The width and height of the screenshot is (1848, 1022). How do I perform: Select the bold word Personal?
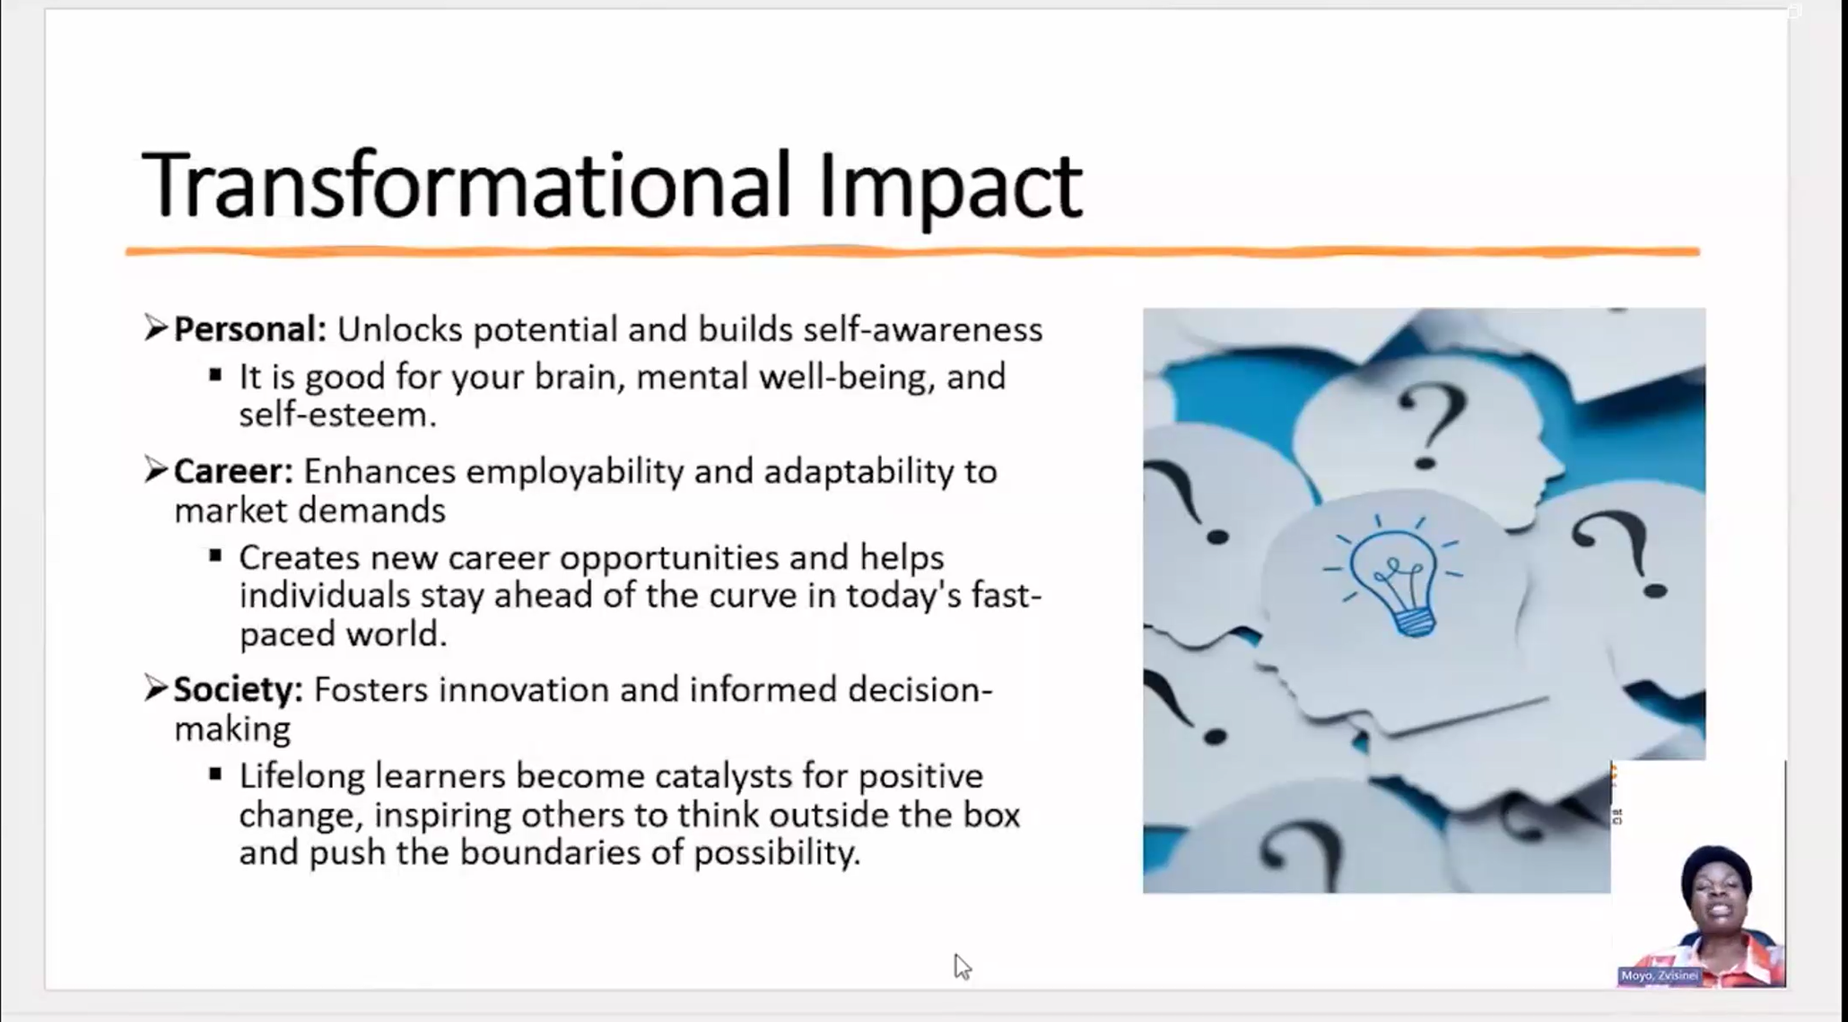click(x=250, y=329)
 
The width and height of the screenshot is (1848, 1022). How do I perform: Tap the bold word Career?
click(x=233, y=471)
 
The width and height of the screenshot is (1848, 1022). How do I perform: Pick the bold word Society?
click(x=239, y=690)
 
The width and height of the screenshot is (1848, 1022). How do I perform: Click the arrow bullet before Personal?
click(x=156, y=328)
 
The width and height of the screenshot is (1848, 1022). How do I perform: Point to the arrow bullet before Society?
click(x=156, y=688)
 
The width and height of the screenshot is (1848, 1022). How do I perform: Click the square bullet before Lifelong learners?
click(x=215, y=773)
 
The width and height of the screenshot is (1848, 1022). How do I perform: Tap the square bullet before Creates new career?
click(x=215, y=555)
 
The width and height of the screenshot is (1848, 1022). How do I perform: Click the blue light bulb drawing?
click(x=1395, y=577)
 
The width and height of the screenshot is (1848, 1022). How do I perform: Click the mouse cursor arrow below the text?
click(x=962, y=966)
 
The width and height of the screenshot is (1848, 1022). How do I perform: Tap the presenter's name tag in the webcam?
click(x=1660, y=975)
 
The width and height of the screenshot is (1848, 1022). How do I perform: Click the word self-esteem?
click(x=337, y=415)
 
